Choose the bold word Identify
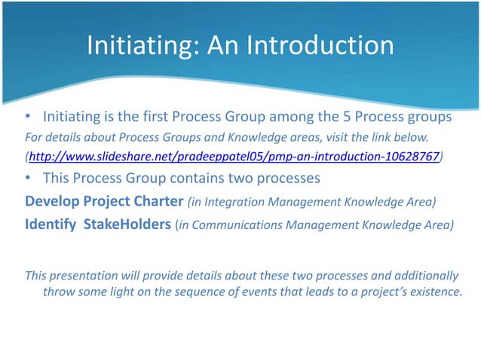pyautogui.click(x=51, y=224)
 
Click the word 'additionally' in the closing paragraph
pyautogui.click(x=423, y=275)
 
